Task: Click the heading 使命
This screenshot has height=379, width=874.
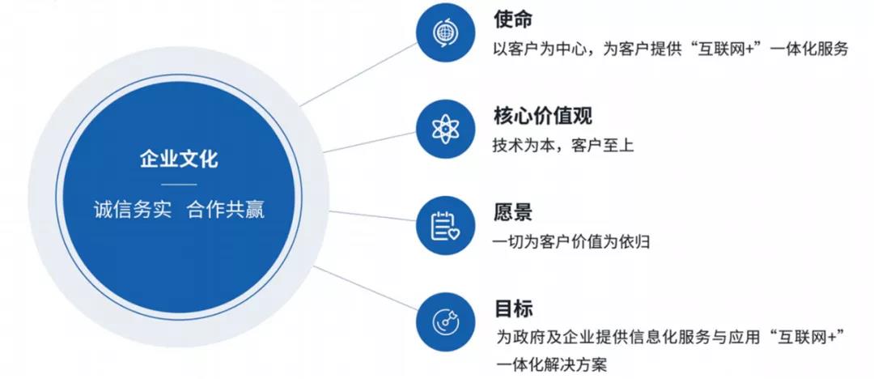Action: pos(513,19)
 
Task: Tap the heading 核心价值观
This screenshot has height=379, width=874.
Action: pos(541,116)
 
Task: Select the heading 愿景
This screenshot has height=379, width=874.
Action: pos(513,213)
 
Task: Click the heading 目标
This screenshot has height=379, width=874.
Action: pos(513,309)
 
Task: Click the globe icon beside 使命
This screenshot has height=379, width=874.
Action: pos(445,32)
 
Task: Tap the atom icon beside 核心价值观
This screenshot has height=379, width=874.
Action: pos(445,129)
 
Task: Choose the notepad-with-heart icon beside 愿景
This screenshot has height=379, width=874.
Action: pos(445,226)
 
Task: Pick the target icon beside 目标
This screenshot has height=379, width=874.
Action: pos(445,322)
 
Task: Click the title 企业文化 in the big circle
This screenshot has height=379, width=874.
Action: pos(179,160)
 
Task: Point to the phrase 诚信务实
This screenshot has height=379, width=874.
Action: pos(132,210)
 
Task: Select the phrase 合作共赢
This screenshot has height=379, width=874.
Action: pos(226,210)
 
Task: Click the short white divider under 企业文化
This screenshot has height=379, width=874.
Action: pos(179,184)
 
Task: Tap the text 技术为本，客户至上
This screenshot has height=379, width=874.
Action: pos(563,146)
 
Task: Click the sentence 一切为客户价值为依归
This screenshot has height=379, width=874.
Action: pos(571,242)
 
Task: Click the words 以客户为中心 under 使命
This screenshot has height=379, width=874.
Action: pos(540,49)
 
